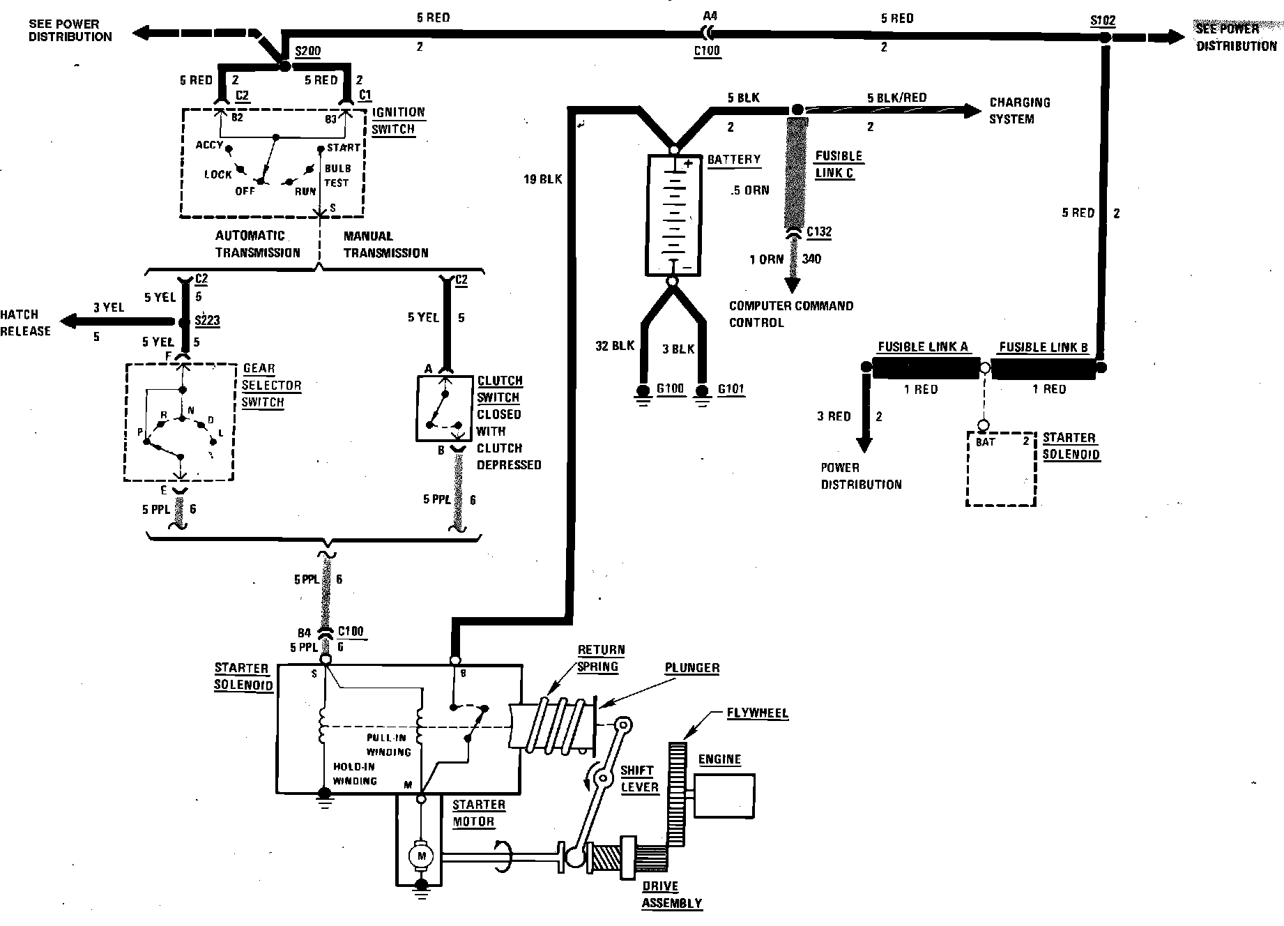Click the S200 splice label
click(307, 52)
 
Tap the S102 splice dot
click(1105, 38)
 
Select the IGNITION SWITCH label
click(397, 121)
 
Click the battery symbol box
click(672, 213)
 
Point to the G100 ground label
click(671, 388)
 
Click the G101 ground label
click(731, 388)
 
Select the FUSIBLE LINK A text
click(922, 347)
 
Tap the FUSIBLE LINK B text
click(1043, 347)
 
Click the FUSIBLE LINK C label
click(839, 165)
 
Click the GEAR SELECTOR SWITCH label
click(271, 385)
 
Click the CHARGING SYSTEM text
click(1018, 110)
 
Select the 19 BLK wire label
click(542, 179)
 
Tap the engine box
click(724, 795)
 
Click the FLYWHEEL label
click(757, 713)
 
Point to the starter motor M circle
click(420, 855)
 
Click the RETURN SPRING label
click(600, 658)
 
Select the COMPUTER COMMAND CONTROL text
click(790, 314)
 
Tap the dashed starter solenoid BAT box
click(1000, 469)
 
